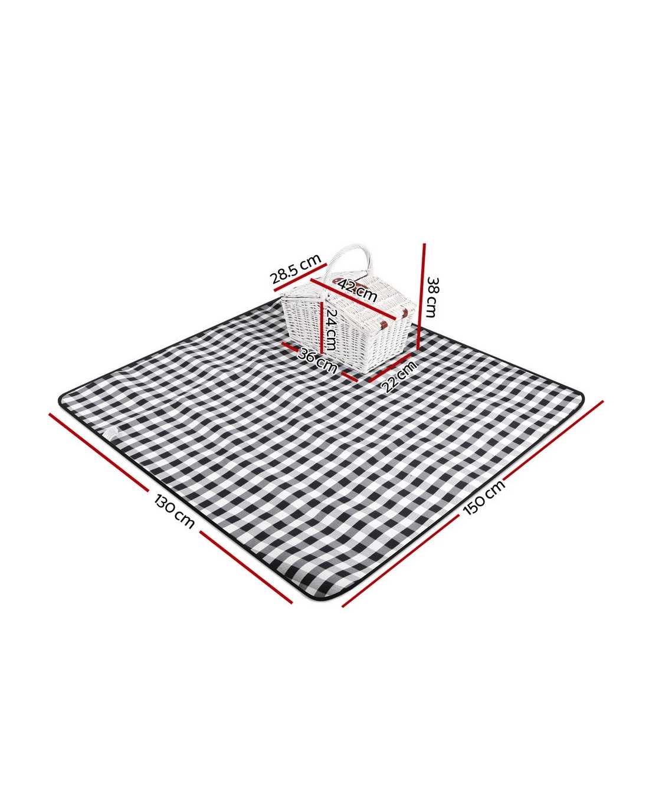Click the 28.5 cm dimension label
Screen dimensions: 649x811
coord(296,269)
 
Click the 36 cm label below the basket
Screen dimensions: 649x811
coord(317,360)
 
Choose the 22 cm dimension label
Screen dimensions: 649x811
coord(399,376)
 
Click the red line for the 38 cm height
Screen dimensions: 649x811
coord(421,296)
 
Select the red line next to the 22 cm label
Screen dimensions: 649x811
coord(389,368)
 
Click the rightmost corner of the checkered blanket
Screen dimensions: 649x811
coord(580,399)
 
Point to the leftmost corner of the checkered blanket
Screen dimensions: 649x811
coord(62,399)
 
